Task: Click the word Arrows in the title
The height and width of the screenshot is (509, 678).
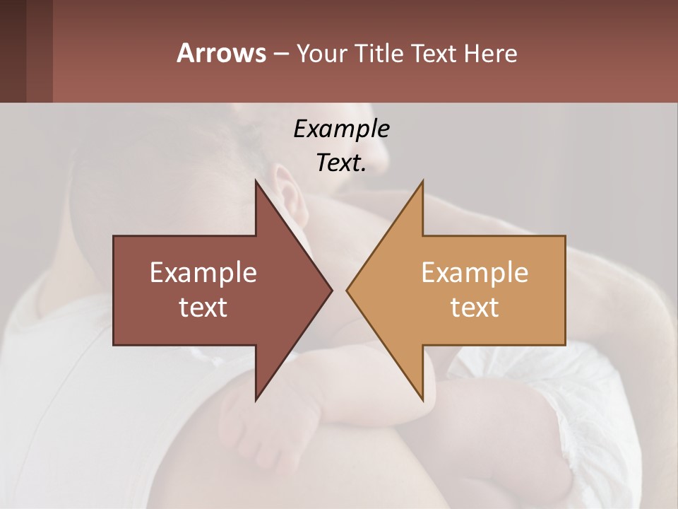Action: pos(221,53)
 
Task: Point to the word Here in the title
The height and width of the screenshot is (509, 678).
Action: pos(490,54)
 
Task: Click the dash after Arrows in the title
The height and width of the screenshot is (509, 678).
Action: pos(280,54)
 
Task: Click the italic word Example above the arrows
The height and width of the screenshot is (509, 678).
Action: pos(341,129)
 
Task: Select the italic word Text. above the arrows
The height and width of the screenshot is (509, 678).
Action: pos(341,163)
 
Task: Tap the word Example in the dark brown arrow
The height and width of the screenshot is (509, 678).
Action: pos(203,272)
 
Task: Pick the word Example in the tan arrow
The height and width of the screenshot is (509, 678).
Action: pos(475,272)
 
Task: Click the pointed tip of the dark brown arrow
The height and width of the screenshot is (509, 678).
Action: pos(330,290)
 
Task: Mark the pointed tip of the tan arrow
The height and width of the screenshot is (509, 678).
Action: pos(349,290)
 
